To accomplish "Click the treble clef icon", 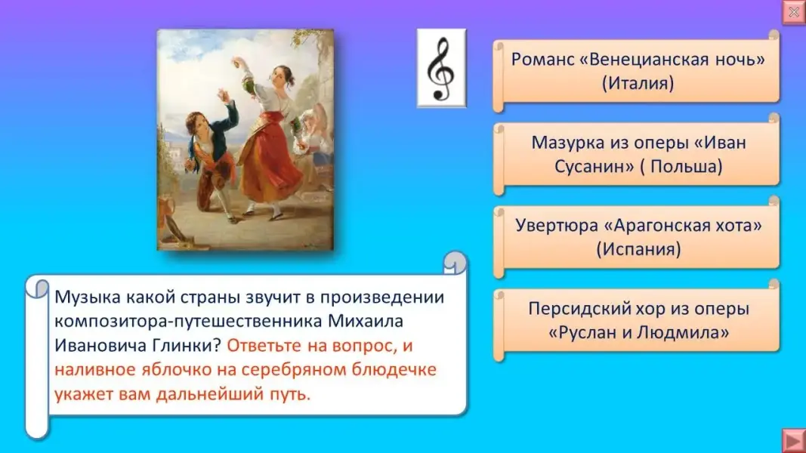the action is (x=441, y=68).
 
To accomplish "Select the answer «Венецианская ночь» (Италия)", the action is (x=637, y=72).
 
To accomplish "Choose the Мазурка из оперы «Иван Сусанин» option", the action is (x=637, y=155).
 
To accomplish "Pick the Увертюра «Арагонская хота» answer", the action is (x=637, y=237).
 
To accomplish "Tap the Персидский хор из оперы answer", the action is (x=637, y=320).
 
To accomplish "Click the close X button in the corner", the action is (x=794, y=12).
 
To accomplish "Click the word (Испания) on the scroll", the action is (x=638, y=250).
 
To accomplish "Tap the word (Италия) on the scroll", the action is (x=638, y=84).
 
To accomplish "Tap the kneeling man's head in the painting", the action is (x=198, y=124).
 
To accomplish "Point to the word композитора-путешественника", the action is (x=187, y=322).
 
